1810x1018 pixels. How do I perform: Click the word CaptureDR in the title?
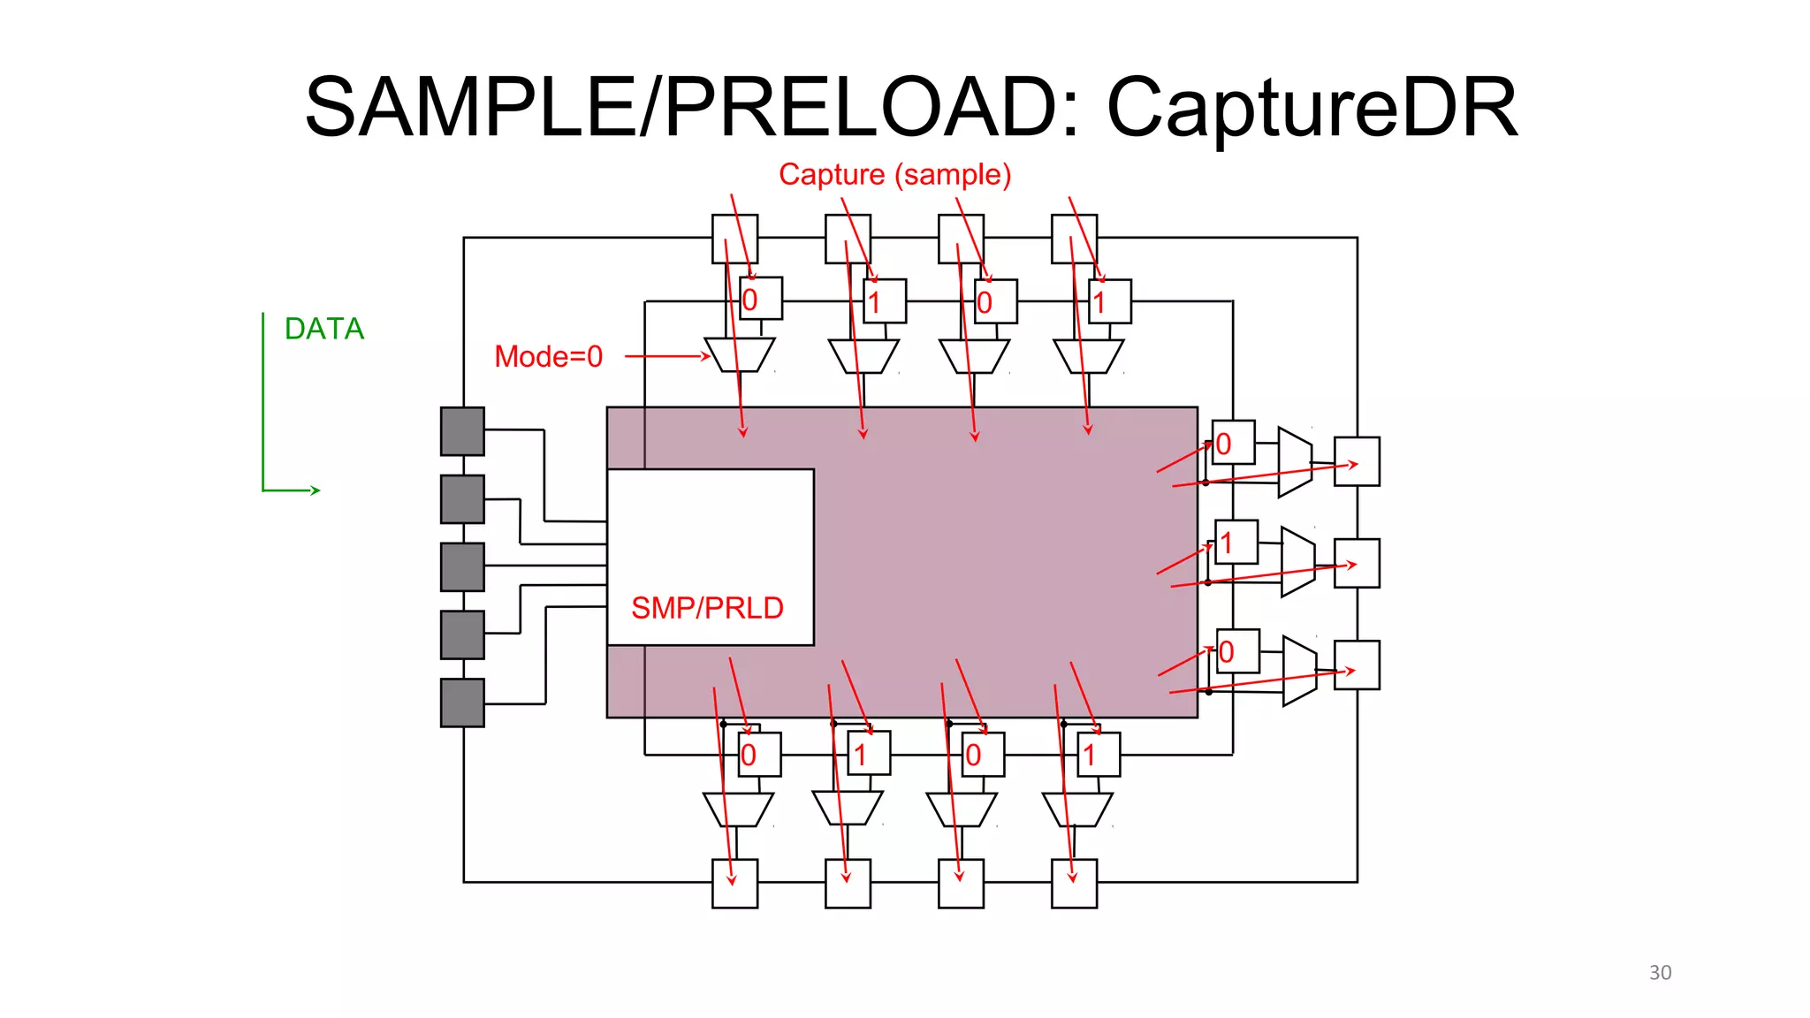[1312, 108]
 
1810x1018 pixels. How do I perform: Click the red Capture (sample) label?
[894, 174]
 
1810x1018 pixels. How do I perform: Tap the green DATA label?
[323, 329]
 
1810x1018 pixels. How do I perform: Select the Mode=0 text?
[548, 357]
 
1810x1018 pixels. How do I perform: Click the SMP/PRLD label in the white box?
[707, 608]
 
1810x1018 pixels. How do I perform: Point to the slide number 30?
[1660, 973]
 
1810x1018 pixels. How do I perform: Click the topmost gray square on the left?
[462, 431]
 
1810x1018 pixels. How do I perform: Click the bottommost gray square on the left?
[462, 703]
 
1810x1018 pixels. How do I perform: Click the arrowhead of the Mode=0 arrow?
[705, 356]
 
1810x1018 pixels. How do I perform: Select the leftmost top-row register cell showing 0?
[760, 299]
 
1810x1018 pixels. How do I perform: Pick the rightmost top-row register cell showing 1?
[1109, 301]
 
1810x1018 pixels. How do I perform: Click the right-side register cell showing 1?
[1236, 542]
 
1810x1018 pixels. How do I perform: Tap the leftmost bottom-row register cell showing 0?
[758, 754]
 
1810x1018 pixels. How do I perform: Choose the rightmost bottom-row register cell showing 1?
[1099, 754]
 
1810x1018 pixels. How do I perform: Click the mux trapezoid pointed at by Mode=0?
[740, 354]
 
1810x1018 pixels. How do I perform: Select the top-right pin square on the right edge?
[1357, 461]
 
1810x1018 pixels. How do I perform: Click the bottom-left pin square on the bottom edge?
[734, 883]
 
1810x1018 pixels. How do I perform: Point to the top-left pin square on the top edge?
[734, 239]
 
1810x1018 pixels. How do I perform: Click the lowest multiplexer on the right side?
[1299, 671]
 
